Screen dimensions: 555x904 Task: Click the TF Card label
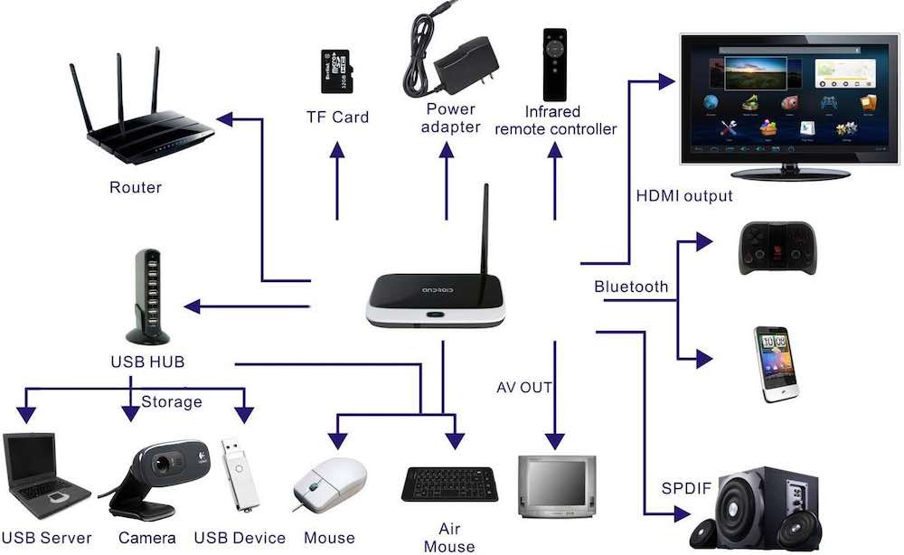pyautogui.click(x=337, y=117)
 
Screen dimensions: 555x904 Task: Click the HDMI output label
pyautogui.click(x=683, y=196)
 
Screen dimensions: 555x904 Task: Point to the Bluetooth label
pyautogui.click(x=631, y=287)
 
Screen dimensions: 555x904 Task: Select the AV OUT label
pyautogui.click(x=524, y=388)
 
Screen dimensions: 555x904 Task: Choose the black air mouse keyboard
pyautogui.click(x=448, y=484)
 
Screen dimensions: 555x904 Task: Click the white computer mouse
pyautogui.click(x=330, y=484)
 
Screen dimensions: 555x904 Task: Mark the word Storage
pyautogui.click(x=171, y=401)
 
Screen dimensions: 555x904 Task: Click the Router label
pyautogui.click(x=136, y=188)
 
